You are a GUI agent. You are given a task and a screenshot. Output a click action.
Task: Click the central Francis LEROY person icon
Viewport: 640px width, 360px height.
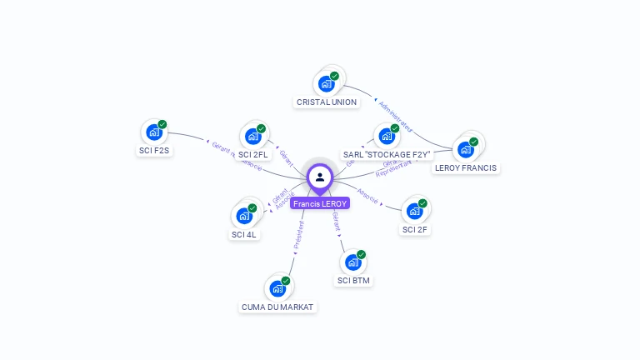coord(320,177)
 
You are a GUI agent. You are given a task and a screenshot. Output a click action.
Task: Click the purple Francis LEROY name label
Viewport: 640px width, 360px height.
coord(320,203)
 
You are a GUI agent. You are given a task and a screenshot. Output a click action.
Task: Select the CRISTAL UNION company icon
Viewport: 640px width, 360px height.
coord(327,83)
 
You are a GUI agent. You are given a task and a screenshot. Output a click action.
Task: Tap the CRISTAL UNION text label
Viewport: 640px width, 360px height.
coord(327,102)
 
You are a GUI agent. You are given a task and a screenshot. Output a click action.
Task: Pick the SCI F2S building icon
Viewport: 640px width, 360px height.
coord(154,132)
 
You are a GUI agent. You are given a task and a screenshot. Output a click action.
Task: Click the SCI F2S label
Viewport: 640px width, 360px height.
coord(154,151)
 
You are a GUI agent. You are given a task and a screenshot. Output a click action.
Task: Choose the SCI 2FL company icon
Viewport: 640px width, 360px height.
coord(252,136)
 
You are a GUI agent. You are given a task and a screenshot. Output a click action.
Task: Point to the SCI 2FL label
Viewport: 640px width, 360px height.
coord(253,155)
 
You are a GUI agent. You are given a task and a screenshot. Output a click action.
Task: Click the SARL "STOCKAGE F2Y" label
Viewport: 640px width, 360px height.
coord(387,155)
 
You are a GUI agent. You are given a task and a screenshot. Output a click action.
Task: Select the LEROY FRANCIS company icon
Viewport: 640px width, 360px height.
coord(466,149)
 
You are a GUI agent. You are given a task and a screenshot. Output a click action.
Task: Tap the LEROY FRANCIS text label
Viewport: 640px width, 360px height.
coord(466,168)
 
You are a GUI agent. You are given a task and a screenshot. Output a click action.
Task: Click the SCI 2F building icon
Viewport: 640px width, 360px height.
coord(414,211)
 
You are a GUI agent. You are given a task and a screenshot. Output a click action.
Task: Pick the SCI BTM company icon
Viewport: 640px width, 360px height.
coord(353,262)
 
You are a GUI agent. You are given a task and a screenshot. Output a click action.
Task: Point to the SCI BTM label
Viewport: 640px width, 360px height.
coord(354,281)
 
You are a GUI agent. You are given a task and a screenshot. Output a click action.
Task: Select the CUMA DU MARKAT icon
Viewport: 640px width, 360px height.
coord(277,288)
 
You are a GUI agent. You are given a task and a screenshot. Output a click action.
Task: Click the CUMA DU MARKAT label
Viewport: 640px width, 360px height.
coord(277,307)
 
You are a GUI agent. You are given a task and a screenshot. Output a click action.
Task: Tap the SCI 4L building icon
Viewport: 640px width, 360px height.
coord(244,216)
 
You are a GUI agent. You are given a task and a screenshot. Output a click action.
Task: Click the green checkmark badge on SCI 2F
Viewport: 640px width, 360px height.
coord(422,203)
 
